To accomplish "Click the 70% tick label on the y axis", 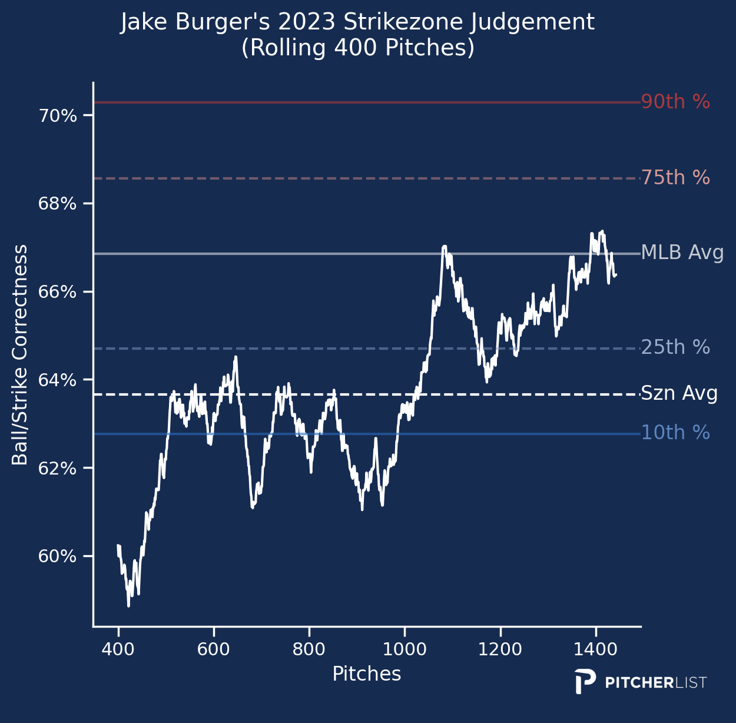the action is (x=57, y=116).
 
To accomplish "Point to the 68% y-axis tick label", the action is (x=57, y=204).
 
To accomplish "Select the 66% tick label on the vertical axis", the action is (x=57, y=292).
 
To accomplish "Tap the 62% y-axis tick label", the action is (x=57, y=469).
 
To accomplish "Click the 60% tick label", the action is (x=57, y=557).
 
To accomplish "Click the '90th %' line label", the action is (x=675, y=102).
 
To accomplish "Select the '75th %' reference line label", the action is (x=675, y=178).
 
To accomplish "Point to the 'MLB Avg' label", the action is (x=682, y=253).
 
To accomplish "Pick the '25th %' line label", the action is (x=675, y=347).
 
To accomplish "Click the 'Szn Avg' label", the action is (x=679, y=393).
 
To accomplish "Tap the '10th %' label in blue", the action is (x=675, y=433).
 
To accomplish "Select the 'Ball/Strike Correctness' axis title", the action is (x=20, y=355).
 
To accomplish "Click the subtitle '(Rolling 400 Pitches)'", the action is (x=358, y=48).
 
